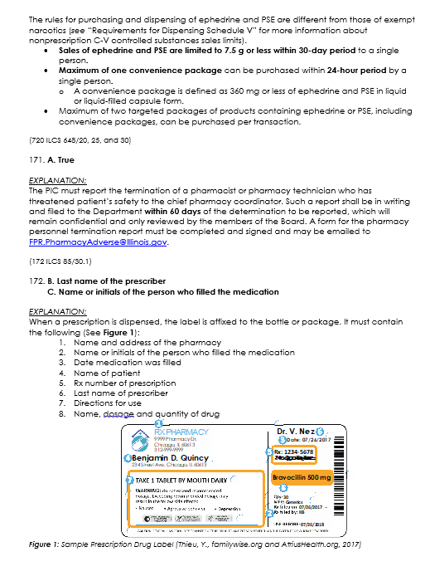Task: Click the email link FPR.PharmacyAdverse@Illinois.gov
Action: coord(98,242)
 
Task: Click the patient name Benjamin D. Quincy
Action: coord(172,457)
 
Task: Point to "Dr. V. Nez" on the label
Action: coord(295,432)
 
